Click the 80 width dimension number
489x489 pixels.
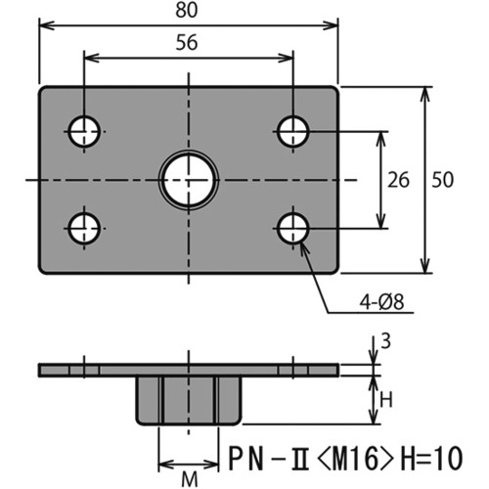click(x=187, y=10)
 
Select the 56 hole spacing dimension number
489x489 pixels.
click(x=187, y=43)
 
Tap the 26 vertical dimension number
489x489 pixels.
click(x=398, y=180)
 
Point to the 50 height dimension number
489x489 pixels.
click(x=442, y=180)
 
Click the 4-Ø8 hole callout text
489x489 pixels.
click(x=381, y=302)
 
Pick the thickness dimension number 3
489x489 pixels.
click(x=385, y=341)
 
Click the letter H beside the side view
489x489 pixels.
click(x=386, y=400)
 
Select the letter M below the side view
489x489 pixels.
click(x=190, y=479)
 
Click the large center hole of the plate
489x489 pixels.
click(x=189, y=180)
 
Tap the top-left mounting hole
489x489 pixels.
click(x=84, y=132)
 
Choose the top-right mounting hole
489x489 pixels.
click(x=293, y=132)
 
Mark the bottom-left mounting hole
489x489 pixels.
click(x=84, y=229)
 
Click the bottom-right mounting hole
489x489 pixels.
click(x=293, y=229)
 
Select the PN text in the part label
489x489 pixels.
click(x=245, y=459)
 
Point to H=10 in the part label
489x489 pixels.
click(x=431, y=459)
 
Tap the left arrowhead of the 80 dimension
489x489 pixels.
click(x=47, y=25)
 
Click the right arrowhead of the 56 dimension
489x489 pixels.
click(x=286, y=59)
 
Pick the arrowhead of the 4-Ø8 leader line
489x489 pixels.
click(x=303, y=248)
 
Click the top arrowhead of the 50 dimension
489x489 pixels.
click(x=425, y=95)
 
